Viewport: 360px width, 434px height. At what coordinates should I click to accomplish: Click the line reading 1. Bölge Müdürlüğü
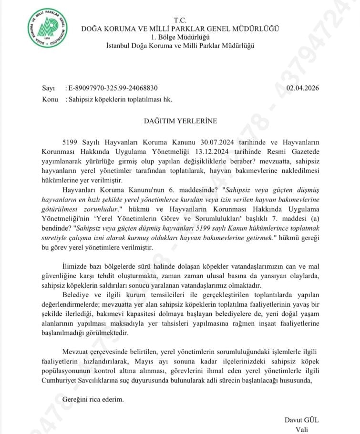tap(180, 37)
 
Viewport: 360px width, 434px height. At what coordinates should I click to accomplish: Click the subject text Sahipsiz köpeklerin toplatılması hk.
tap(119, 99)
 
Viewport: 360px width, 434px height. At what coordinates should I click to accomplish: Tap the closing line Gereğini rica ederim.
tap(93, 399)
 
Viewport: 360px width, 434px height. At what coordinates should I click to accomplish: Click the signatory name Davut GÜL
tap(301, 420)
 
